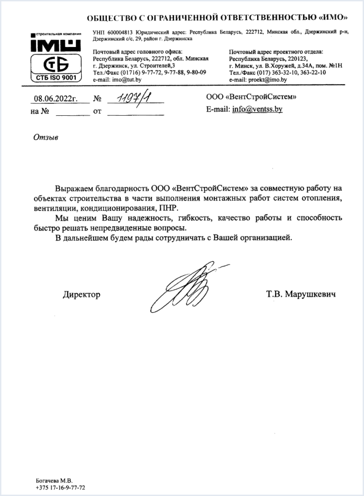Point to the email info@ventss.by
click(x=257, y=110)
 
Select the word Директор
click(x=82, y=295)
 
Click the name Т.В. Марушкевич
click(x=301, y=295)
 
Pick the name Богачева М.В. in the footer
click(x=54, y=480)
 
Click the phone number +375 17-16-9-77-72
click(x=61, y=487)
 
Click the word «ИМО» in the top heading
click(x=329, y=19)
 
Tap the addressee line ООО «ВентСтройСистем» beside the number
click(x=251, y=97)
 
